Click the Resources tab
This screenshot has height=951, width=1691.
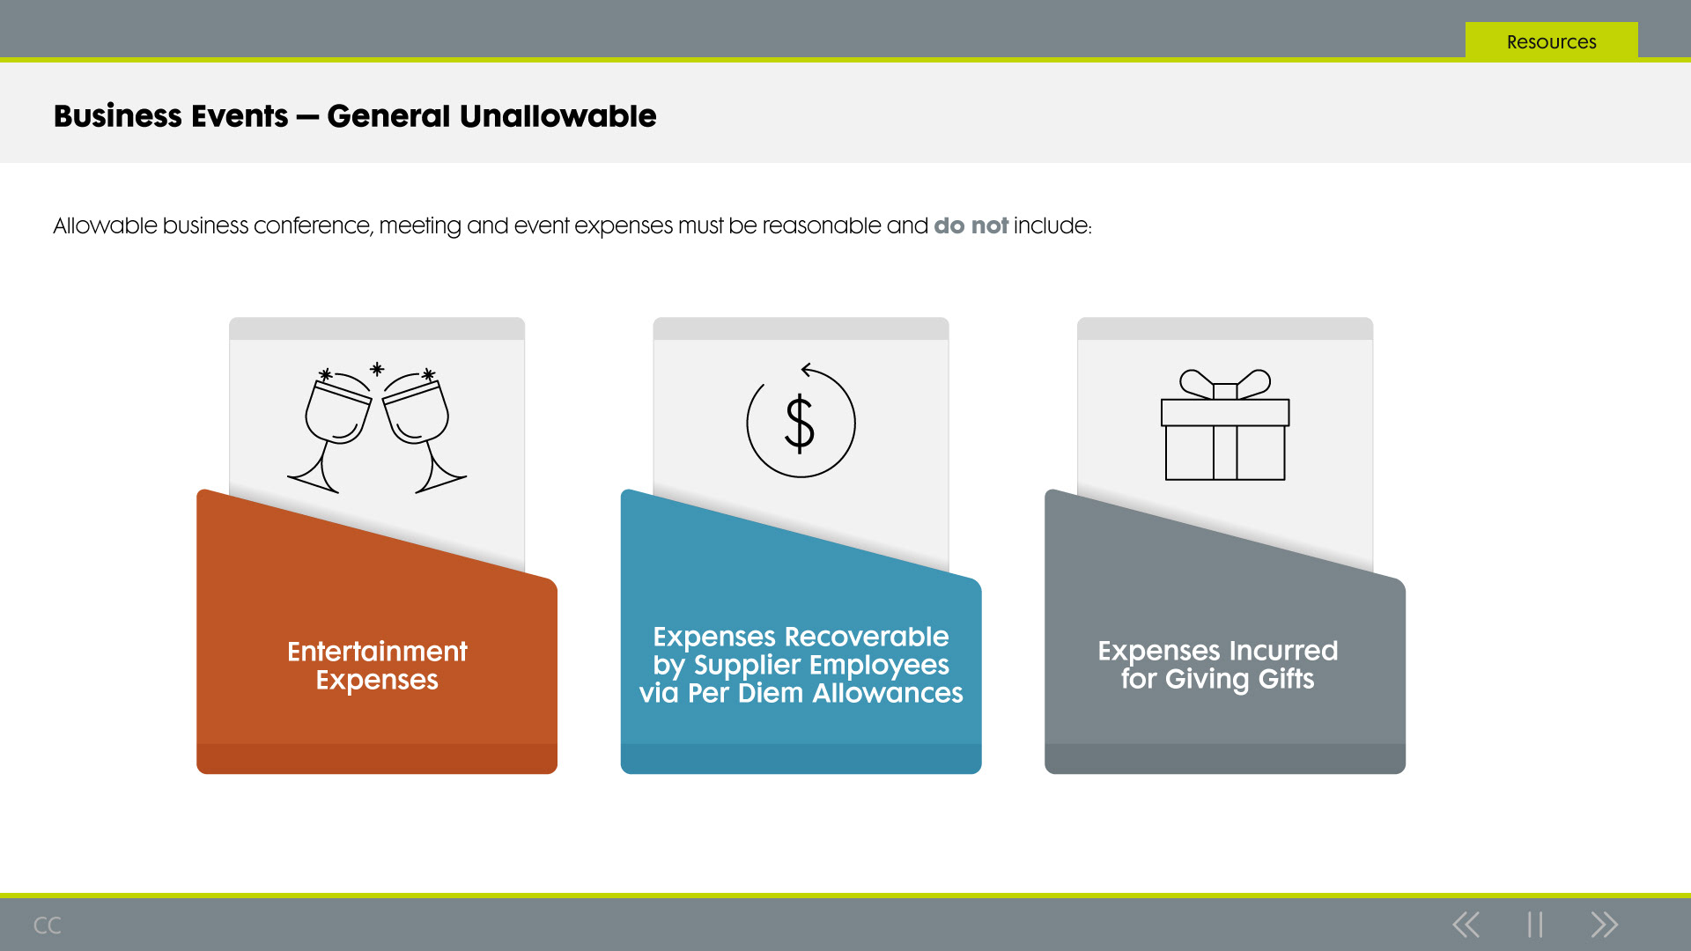tap(1551, 41)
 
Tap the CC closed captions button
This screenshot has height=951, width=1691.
tap(47, 925)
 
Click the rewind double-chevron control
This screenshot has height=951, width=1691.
tap(1466, 925)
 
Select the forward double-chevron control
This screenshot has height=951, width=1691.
tap(1604, 925)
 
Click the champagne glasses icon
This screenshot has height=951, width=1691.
tap(377, 428)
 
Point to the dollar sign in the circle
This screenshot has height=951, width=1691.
tap(800, 424)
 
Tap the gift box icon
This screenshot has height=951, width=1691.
tap(1225, 424)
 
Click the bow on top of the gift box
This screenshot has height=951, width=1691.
tap(1225, 385)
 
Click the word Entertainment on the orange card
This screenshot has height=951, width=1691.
tap(377, 652)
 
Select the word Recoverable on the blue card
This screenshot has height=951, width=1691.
tap(867, 637)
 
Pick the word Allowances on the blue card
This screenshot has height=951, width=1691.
tap(888, 693)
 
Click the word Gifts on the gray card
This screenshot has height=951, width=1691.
tap(1286, 679)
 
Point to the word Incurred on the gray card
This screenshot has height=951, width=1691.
tap(1283, 651)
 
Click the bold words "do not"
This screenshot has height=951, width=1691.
tap(971, 225)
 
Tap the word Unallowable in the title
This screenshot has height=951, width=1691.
tap(558, 116)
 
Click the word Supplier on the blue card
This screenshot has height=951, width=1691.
tap(748, 666)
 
